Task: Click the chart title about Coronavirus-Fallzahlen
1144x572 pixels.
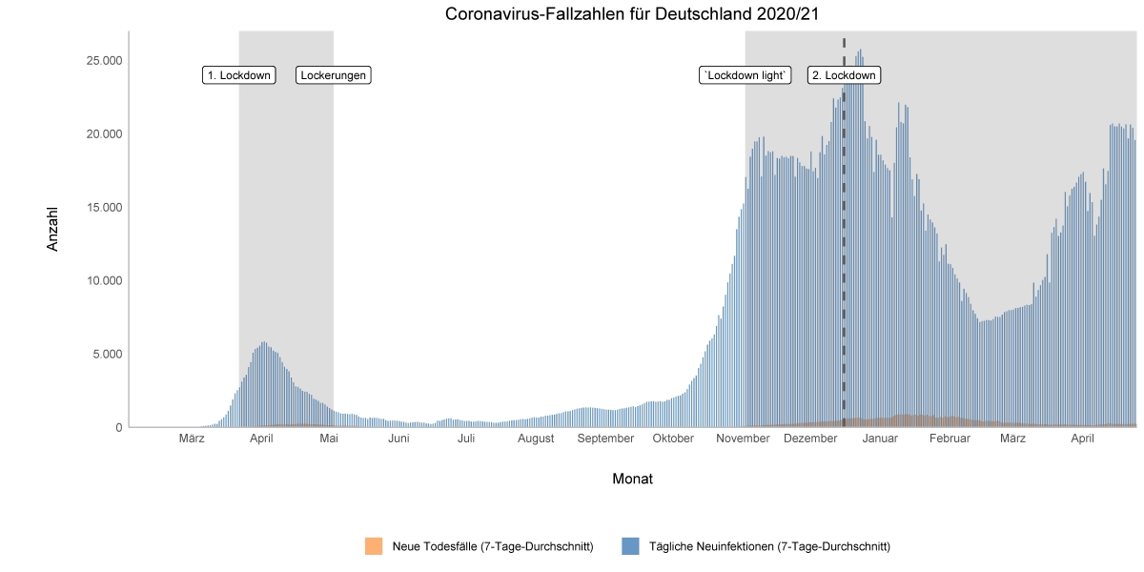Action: click(632, 13)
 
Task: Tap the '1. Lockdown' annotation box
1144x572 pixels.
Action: click(239, 75)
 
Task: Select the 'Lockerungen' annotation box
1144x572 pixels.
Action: click(334, 75)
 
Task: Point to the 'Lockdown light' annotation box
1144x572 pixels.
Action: click(746, 75)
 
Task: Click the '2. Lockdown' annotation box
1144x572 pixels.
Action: click(844, 75)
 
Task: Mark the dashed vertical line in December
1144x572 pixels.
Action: click(844, 286)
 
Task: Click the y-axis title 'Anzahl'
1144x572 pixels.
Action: click(53, 229)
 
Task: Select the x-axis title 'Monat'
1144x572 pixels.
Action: click(632, 479)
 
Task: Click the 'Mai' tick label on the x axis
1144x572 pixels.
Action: click(329, 439)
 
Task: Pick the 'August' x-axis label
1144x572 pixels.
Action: click(536, 439)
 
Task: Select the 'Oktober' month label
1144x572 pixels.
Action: click(673, 439)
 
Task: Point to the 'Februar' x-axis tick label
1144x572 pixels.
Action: click(950, 439)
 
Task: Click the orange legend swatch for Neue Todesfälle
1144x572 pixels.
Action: click(374, 546)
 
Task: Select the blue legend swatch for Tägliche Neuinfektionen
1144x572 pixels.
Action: click(630, 546)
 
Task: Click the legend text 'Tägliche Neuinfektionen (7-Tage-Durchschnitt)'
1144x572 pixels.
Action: click(769, 546)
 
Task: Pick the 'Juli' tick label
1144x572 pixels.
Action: click(466, 439)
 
